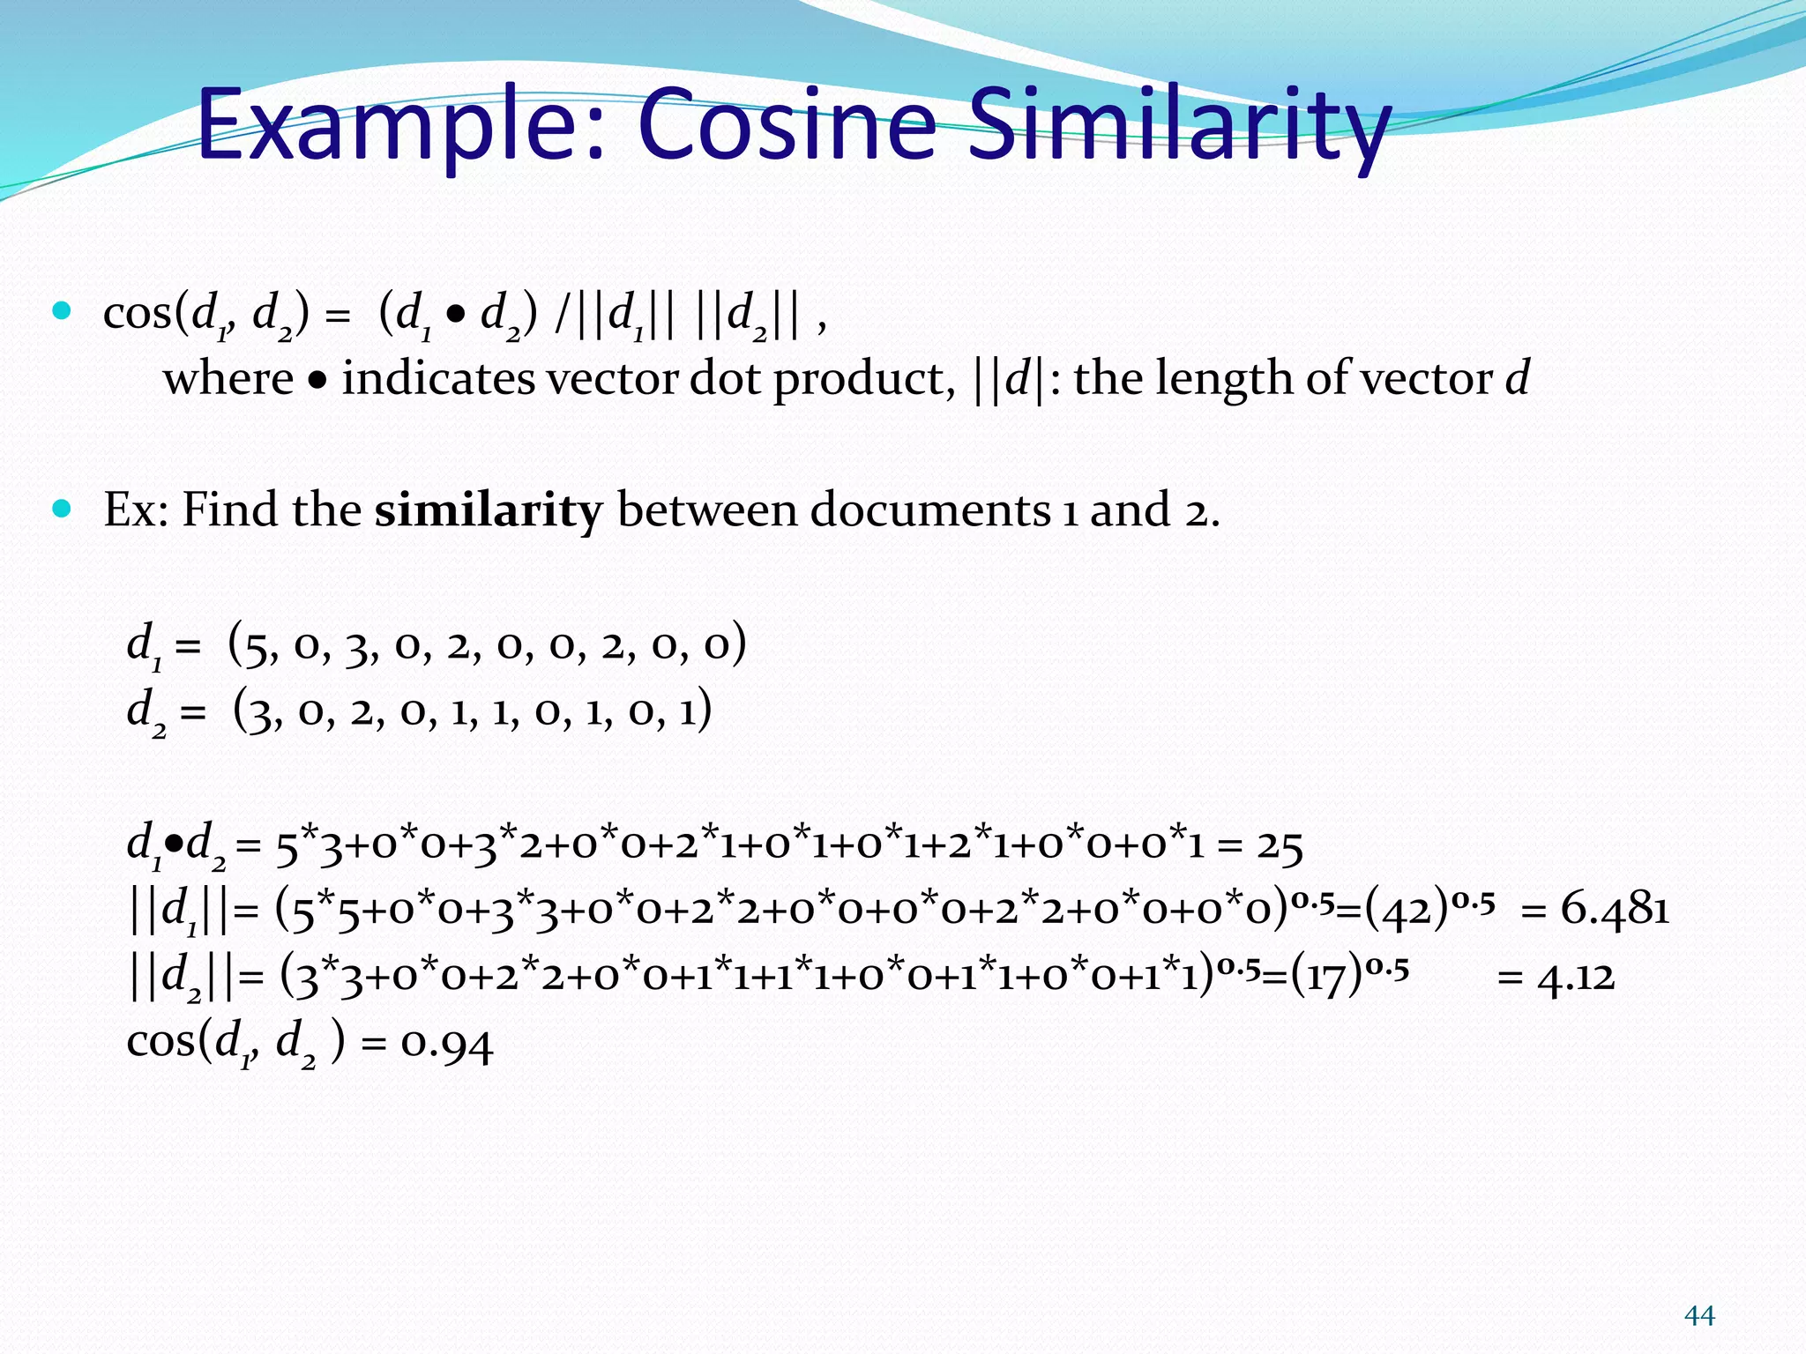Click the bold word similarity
click(x=489, y=510)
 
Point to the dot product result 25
click(x=1280, y=846)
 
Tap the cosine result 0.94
click(x=447, y=1045)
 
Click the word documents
click(x=930, y=510)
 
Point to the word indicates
click(x=438, y=379)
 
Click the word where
click(x=228, y=379)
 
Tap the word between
click(x=706, y=510)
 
